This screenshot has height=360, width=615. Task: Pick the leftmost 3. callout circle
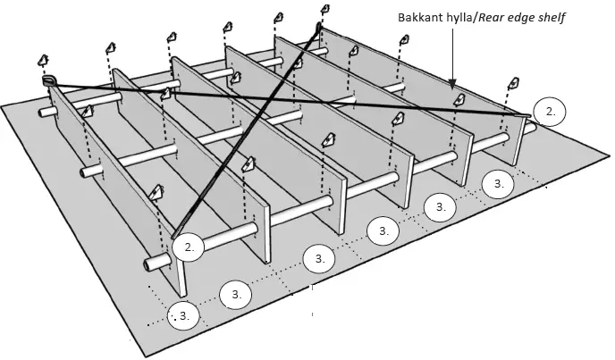[183, 315]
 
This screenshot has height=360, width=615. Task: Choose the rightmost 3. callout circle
[498, 184]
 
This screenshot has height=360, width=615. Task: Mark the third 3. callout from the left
[318, 259]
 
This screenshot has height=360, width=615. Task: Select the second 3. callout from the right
[439, 206]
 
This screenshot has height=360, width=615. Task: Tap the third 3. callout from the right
[383, 230]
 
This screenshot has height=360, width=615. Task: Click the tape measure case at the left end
[48, 81]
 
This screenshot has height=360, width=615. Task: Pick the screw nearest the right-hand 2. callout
[513, 85]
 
